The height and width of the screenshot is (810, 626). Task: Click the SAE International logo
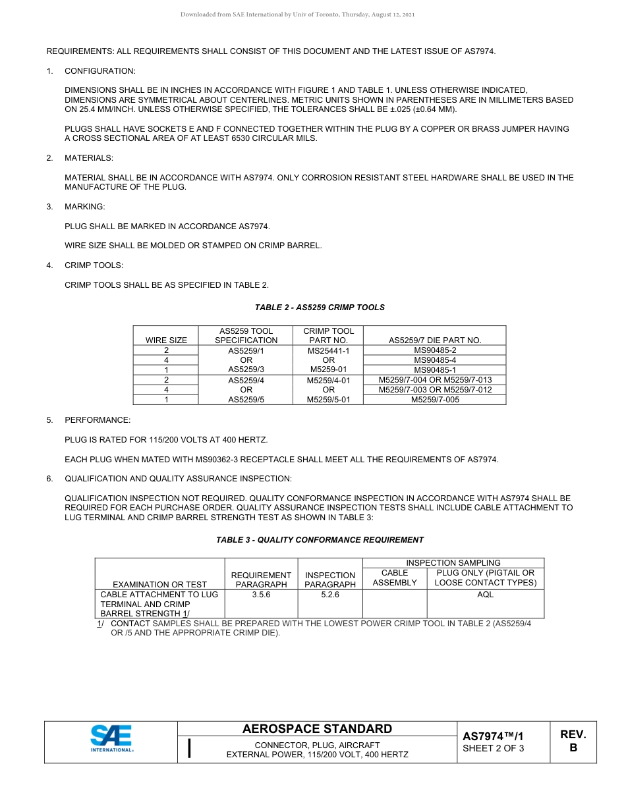point(111,738)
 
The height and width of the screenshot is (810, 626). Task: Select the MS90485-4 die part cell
point(435,360)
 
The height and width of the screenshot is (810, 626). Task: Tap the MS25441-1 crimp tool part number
point(328,351)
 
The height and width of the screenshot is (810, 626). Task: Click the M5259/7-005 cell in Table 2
point(435,399)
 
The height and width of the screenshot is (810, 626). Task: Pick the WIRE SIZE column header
point(166,340)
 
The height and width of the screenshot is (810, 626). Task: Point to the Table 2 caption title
point(320,308)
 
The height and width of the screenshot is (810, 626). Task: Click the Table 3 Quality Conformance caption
point(320,540)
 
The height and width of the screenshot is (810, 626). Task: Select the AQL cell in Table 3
point(485,595)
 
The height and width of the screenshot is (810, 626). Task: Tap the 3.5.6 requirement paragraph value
point(261,595)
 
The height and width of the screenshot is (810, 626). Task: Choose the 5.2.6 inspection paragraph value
point(330,595)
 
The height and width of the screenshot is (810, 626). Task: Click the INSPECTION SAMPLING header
point(453,563)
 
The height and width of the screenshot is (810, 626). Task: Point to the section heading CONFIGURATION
point(100,70)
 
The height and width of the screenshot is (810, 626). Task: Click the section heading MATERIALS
point(88,158)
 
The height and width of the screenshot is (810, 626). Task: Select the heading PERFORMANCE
point(98,420)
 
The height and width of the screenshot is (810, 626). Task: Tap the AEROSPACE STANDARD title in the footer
point(317,729)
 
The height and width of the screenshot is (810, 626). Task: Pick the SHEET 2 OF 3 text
point(494,748)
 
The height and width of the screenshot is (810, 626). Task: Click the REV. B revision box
point(573,741)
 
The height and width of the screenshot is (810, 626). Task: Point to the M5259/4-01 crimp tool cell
point(328,380)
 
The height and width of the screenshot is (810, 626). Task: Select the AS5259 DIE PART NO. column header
point(435,340)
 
